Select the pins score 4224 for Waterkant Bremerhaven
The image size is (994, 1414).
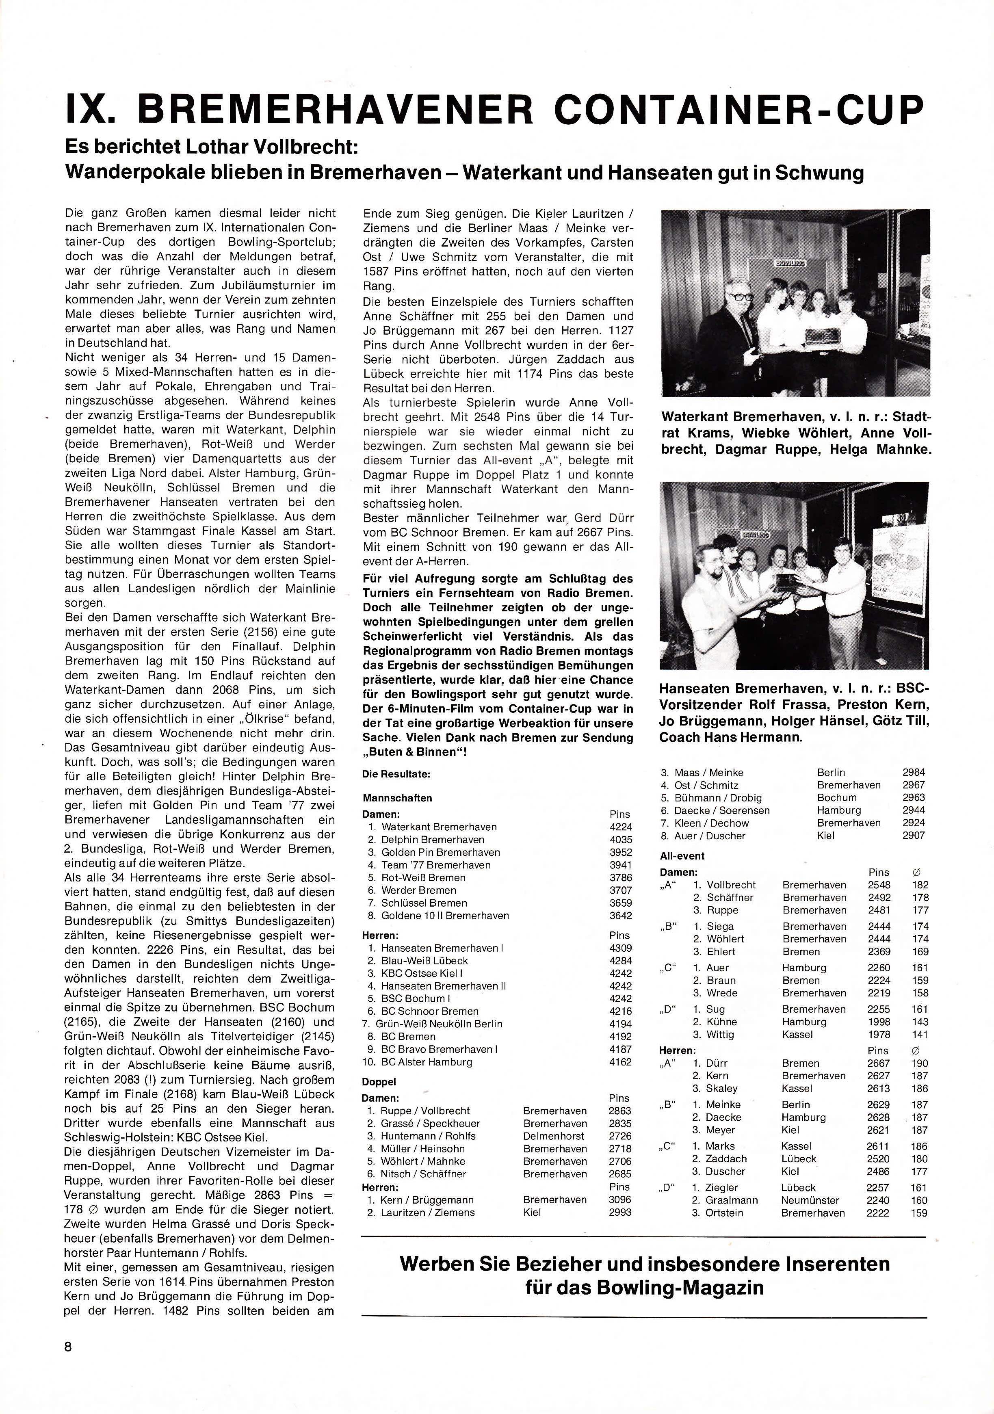(620, 827)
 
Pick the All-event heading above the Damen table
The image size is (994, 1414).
(682, 856)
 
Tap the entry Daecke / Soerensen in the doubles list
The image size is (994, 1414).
(722, 810)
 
